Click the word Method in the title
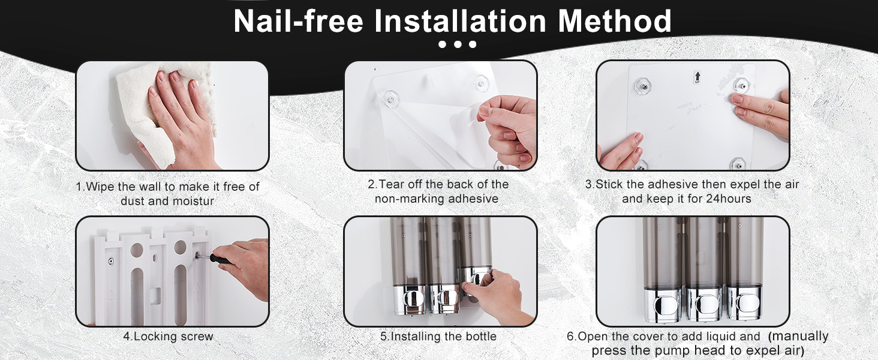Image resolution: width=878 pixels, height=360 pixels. click(615, 21)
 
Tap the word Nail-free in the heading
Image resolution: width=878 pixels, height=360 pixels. click(298, 21)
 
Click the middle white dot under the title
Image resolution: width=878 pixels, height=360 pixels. click(458, 44)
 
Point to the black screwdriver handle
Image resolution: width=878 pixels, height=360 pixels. click(220, 259)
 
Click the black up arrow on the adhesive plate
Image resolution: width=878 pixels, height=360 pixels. click(697, 77)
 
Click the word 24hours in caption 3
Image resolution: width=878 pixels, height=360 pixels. click(729, 199)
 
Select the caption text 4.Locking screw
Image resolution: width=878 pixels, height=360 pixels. click(169, 337)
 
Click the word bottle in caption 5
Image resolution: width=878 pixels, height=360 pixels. click(481, 337)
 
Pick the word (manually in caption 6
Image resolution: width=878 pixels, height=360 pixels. click(798, 336)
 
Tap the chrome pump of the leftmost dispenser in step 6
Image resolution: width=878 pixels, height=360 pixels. click(662, 305)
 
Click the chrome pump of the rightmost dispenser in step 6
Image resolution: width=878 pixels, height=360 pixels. click(744, 305)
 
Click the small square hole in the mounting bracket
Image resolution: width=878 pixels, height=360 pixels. click(155, 296)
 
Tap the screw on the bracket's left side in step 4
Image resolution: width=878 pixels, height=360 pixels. click(111, 261)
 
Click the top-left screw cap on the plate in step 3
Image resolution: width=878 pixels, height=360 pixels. click(644, 85)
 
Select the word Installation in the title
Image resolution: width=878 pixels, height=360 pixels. click(461, 21)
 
